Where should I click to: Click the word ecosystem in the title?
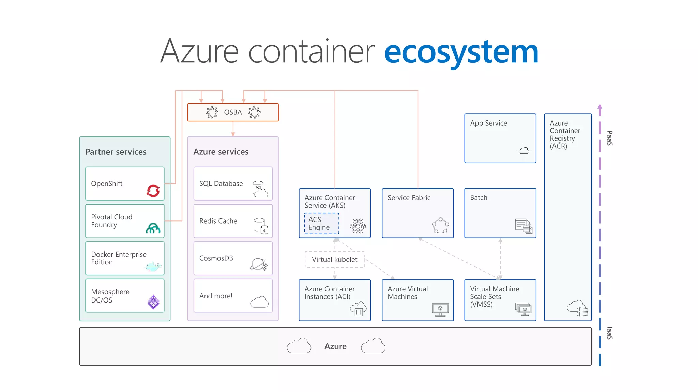click(x=461, y=52)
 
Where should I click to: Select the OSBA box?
click(x=233, y=112)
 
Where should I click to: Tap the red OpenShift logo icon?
click(x=153, y=191)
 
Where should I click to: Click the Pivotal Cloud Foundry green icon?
click(x=153, y=228)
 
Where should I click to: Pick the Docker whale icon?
click(x=152, y=266)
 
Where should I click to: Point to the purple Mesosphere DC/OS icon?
click(x=153, y=302)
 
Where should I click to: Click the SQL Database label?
click(x=221, y=184)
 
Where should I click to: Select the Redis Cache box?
click(x=233, y=221)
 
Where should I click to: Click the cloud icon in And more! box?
click(x=259, y=302)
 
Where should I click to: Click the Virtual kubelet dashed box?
click(x=334, y=260)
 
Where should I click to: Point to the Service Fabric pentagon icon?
click(x=440, y=226)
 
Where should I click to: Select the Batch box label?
click(x=479, y=198)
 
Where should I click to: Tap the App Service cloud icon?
click(x=524, y=150)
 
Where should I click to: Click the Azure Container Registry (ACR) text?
click(x=564, y=135)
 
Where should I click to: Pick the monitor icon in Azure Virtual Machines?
click(x=440, y=309)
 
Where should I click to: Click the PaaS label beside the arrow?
click(x=610, y=138)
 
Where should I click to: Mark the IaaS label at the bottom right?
click(x=610, y=333)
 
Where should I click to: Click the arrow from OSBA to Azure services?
click(x=233, y=129)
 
